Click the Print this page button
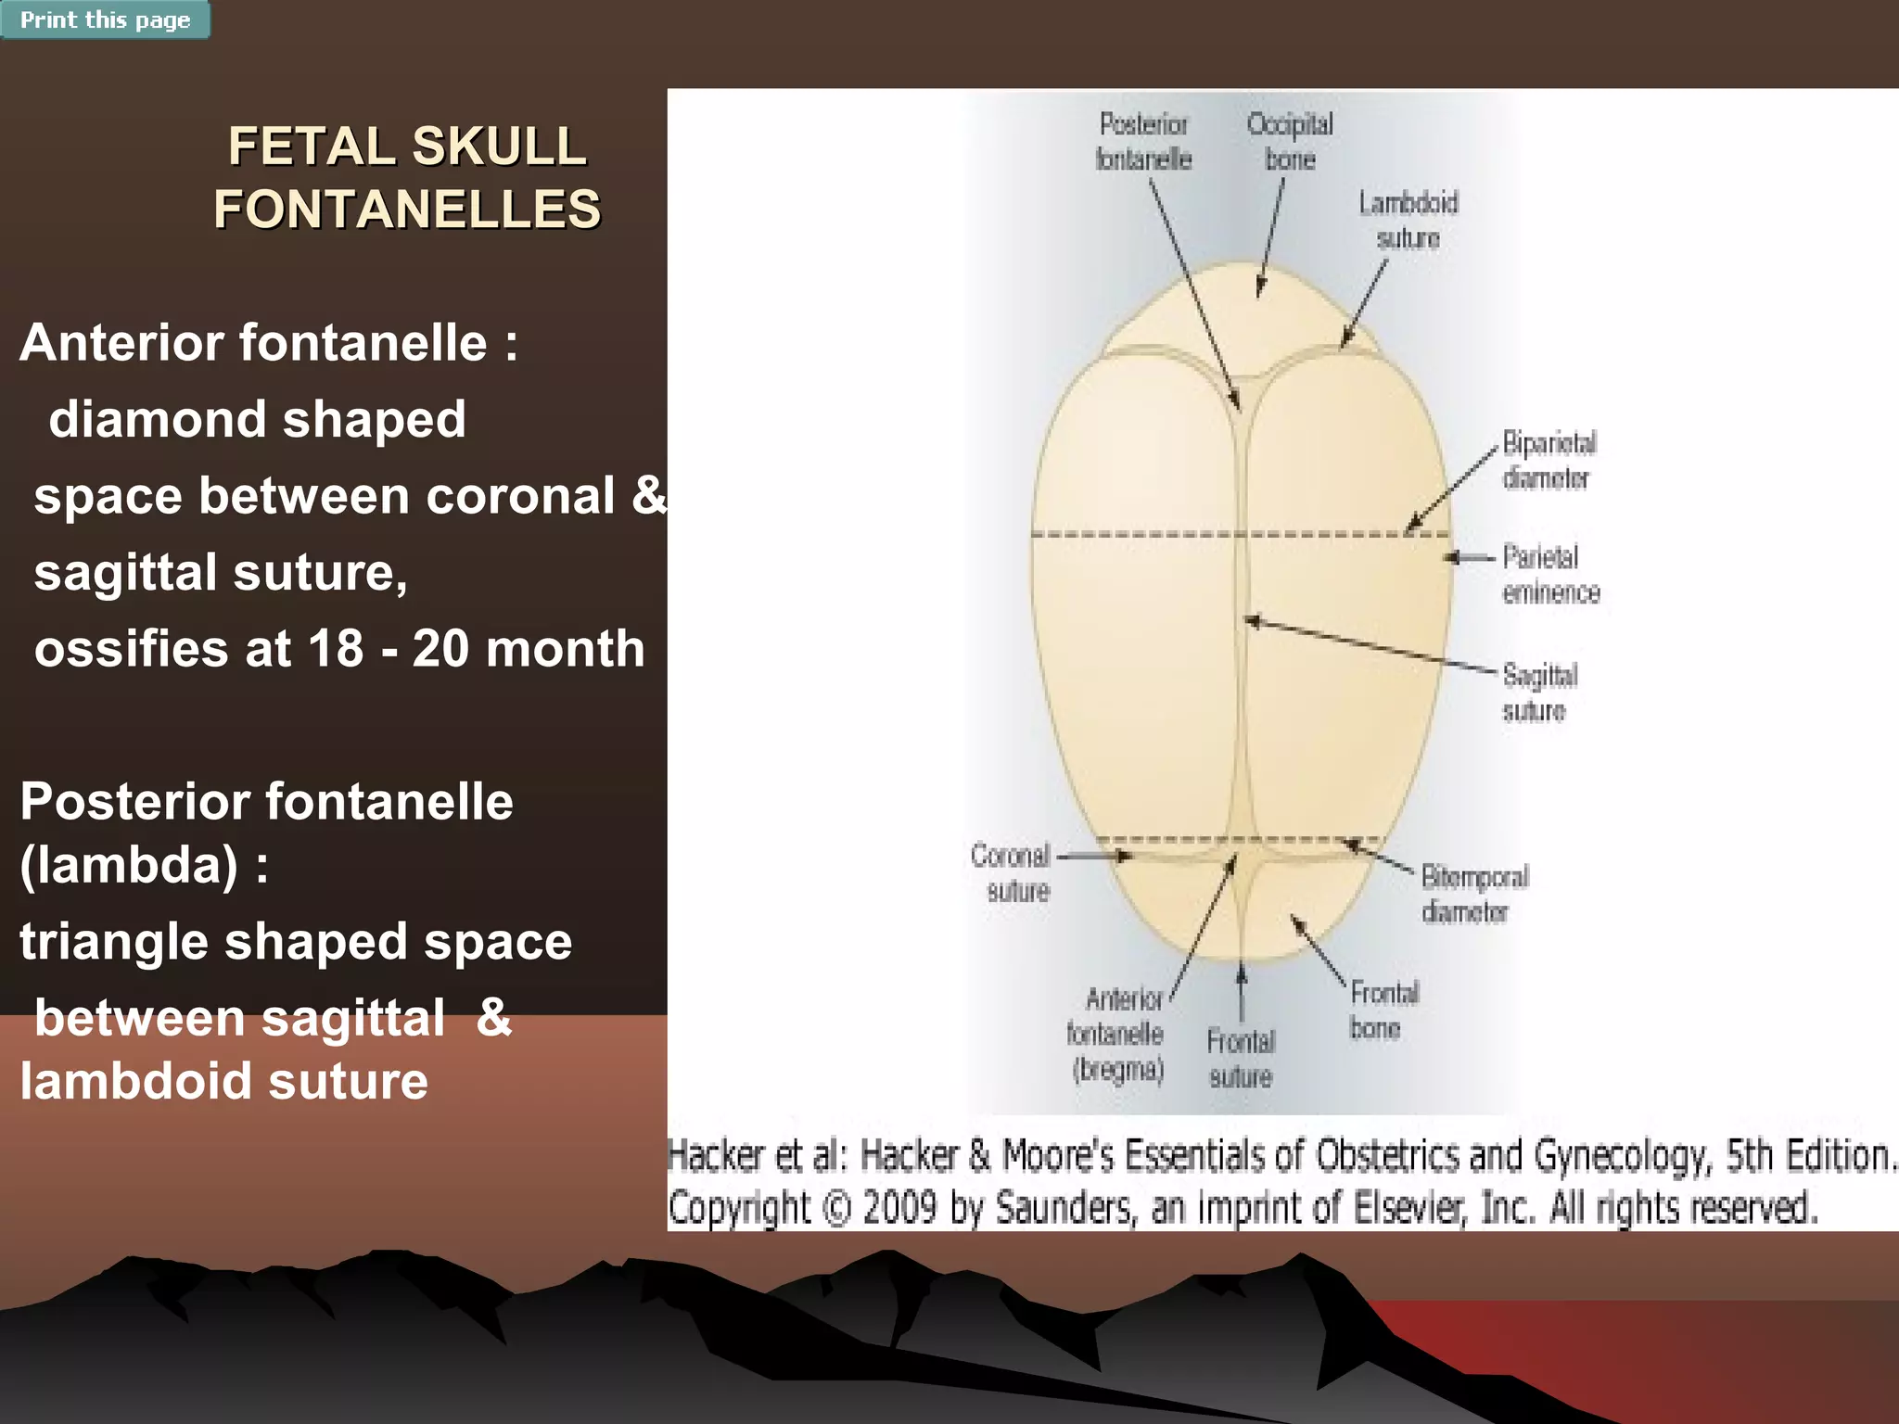coord(105,19)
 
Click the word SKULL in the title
coord(499,146)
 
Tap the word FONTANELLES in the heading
coord(407,209)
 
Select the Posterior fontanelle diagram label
coord(1143,142)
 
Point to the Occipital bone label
coord(1290,142)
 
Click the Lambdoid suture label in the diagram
coord(1408,221)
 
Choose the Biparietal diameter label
coord(1549,461)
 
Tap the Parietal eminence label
coord(1550,575)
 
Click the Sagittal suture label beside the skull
coord(1539,693)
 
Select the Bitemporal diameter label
coord(1473,895)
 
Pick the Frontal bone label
coord(1383,1011)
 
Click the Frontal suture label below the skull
coord(1241,1059)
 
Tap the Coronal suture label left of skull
coord(1012,873)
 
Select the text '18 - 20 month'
coord(476,648)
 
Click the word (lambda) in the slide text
coord(129,865)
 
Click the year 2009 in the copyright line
coord(899,1208)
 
